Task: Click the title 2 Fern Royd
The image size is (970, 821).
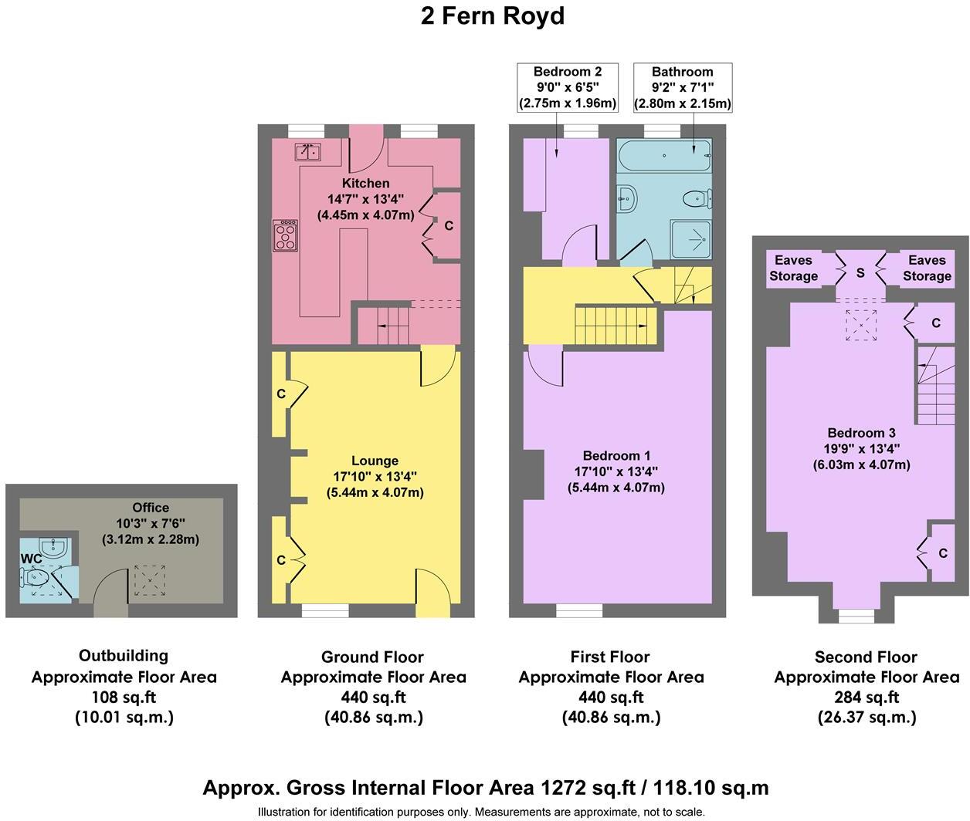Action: (492, 16)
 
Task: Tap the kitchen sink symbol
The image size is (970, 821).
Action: (307, 151)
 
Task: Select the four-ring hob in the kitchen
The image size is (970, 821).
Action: (285, 235)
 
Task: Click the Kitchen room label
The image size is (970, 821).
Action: (366, 184)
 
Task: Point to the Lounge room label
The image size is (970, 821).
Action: (375, 461)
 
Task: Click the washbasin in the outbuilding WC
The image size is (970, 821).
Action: (53, 549)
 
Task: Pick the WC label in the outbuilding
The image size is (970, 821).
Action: (31, 559)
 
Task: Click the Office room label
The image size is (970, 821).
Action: (151, 508)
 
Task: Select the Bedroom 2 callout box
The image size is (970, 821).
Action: (567, 87)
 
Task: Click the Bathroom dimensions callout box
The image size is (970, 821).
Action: (682, 87)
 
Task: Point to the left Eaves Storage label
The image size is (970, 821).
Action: (793, 269)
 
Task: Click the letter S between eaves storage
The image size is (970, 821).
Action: (860, 273)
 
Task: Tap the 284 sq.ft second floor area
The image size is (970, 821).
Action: (867, 698)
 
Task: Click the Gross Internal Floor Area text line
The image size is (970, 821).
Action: (485, 788)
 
